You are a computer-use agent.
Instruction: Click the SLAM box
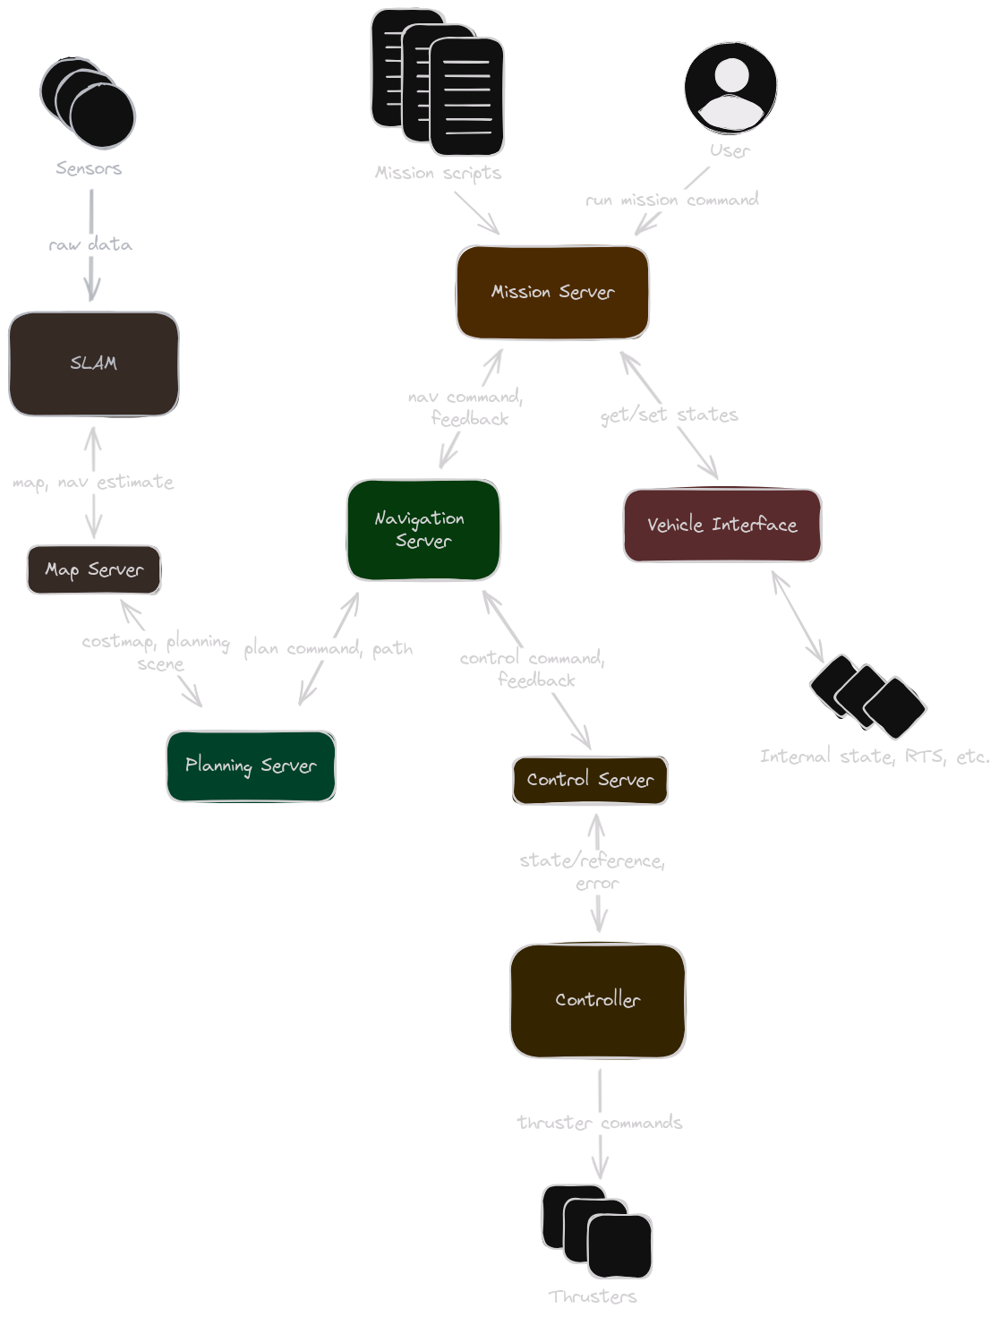pos(94,363)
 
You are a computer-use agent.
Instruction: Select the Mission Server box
pos(552,293)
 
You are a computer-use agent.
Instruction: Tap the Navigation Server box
pos(423,529)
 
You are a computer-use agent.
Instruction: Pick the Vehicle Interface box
pos(721,526)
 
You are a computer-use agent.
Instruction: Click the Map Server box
pos(94,569)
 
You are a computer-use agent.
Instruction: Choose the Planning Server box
pos(251,765)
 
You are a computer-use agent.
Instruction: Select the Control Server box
pos(590,780)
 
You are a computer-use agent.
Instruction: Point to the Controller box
pos(597,1000)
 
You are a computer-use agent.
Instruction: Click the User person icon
pos(730,88)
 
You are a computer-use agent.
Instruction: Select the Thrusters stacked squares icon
pos(596,1231)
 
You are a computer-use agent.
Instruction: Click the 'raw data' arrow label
pos(90,244)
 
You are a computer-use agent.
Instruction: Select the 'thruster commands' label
pos(600,1123)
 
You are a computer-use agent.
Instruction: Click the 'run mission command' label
pos(671,200)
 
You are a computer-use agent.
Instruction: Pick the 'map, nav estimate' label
pos(93,483)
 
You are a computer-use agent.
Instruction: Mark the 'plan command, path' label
pos(329,648)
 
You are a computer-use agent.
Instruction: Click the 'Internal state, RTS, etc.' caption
pos(875,757)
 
